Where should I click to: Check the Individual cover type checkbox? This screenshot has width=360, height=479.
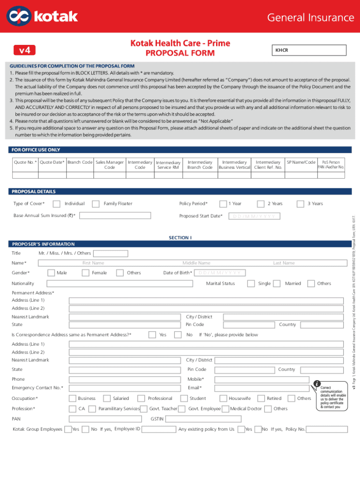click(56, 203)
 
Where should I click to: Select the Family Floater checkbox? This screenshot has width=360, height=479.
click(95, 203)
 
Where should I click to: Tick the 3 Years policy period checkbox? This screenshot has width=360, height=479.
click(299, 203)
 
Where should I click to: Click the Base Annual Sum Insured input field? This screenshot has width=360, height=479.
click(115, 216)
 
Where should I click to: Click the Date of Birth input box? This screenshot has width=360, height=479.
click(219, 273)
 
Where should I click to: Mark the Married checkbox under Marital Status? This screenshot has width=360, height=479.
click(277, 283)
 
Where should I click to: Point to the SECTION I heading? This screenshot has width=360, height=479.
click(180, 238)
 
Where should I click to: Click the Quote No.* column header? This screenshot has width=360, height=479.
click(25, 162)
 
